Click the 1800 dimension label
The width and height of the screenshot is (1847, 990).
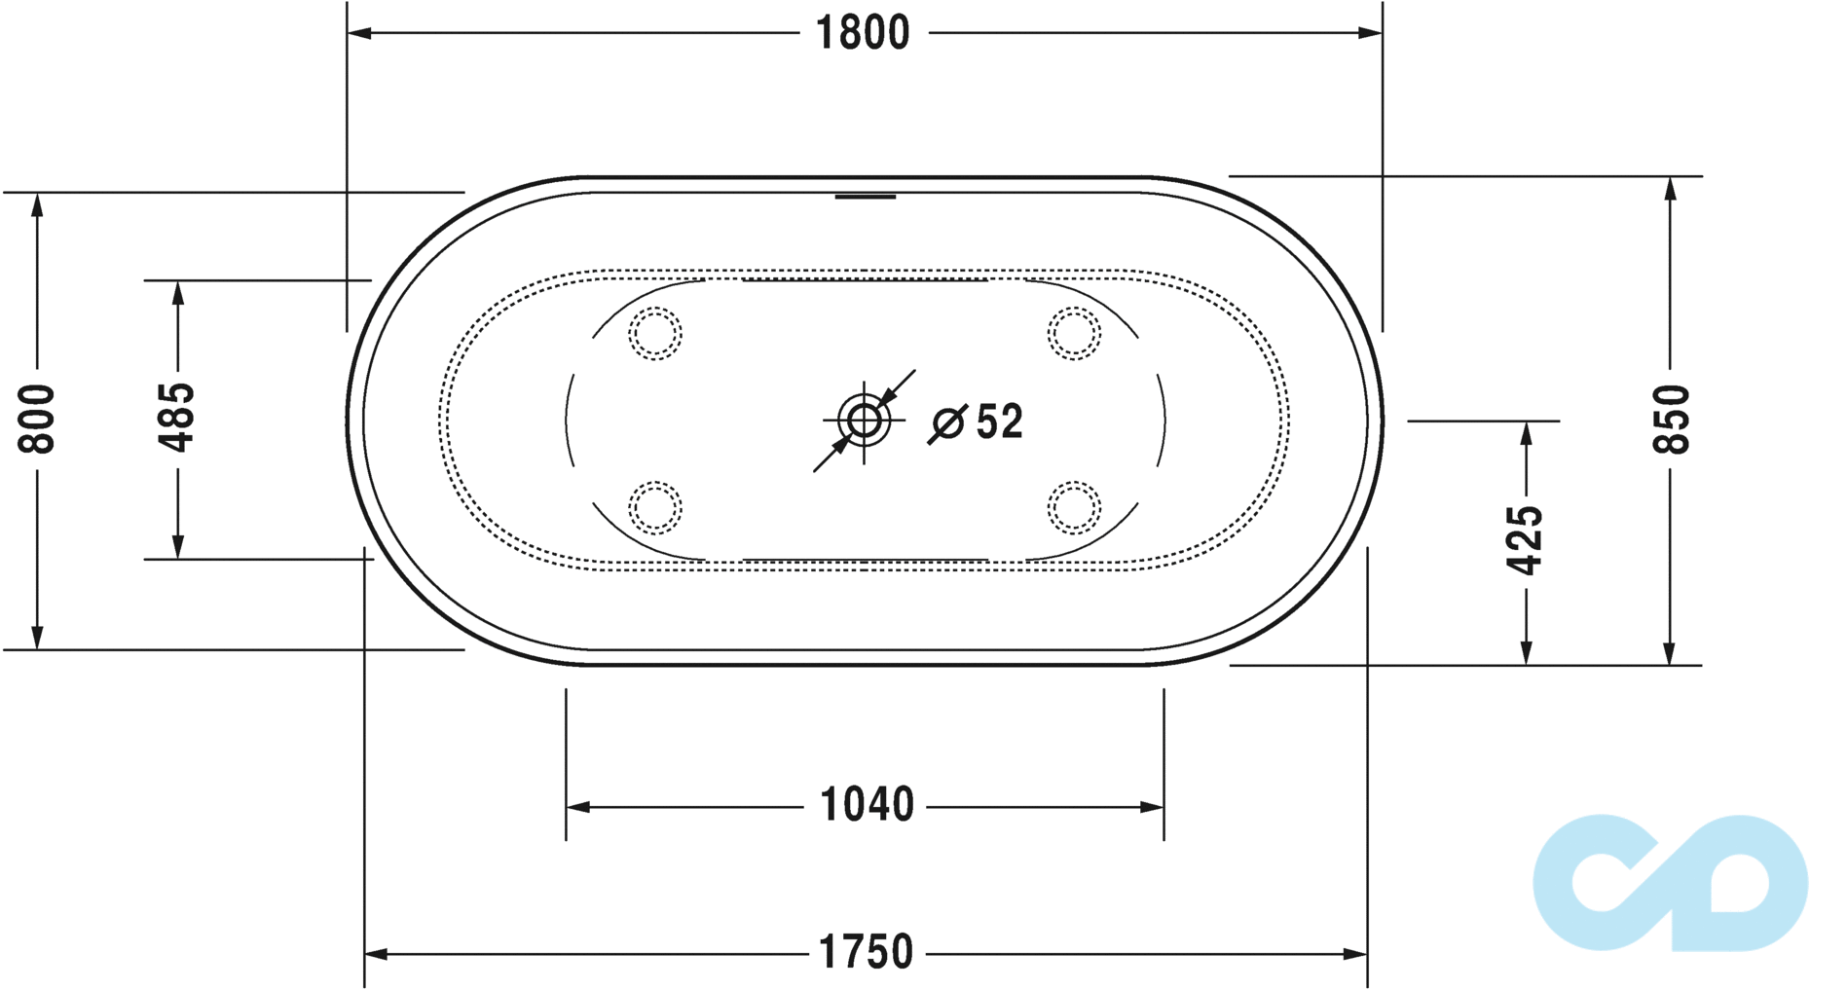[863, 33]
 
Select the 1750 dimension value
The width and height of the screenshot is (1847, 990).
[866, 952]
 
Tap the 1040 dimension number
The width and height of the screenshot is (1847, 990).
[867, 805]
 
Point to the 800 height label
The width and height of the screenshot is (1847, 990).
[38, 419]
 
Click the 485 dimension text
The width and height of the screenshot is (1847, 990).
[177, 418]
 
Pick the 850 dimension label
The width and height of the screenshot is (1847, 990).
[1671, 419]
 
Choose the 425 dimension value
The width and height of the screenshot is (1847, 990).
[1525, 540]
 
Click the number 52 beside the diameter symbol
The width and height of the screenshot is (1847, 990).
[1000, 422]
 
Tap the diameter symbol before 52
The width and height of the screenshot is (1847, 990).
[947, 423]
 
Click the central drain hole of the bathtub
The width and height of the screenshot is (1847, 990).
[864, 421]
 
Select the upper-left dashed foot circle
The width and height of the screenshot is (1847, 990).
[655, 334]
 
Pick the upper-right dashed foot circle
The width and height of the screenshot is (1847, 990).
[1074, 334]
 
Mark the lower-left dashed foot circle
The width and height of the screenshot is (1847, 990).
[655, 507]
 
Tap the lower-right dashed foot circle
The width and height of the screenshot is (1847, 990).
[1074, 507]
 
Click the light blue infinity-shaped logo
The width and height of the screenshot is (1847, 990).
[1671, 882]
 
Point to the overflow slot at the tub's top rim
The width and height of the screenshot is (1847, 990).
[865, 197]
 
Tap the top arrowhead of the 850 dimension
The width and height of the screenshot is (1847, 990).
[1670, 189]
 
